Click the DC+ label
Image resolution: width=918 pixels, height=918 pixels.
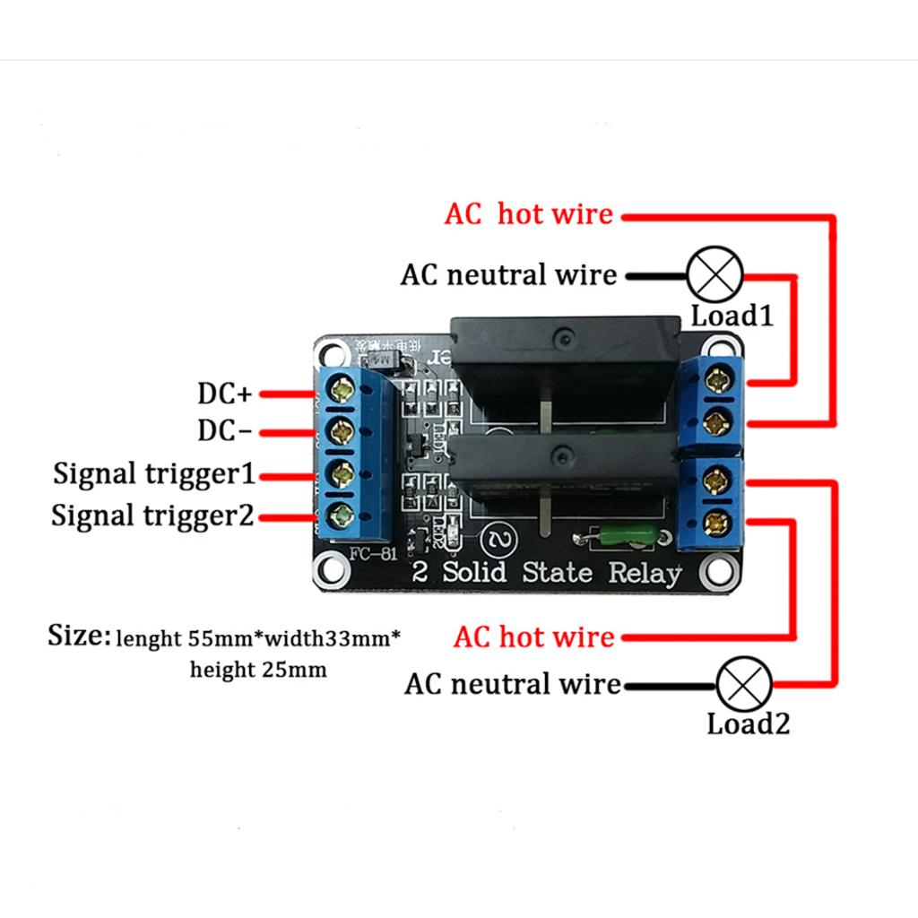[x=226, y=394]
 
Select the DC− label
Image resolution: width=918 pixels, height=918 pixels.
[x=225, y=431]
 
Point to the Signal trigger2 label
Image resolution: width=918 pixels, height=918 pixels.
[x=153, y=515]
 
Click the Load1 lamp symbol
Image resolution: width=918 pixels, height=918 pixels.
[x=715, y=275]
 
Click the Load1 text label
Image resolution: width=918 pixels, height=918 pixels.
[x=732, y=316]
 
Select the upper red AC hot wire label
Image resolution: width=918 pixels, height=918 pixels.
[x=529, y=214]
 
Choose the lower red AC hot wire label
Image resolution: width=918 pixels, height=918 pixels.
[x=534, y=637]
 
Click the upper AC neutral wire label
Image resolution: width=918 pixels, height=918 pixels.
[x=508, y=274]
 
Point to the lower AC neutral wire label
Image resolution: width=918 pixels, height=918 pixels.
[x=513, y=684]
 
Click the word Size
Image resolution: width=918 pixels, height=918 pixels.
[x=79, y=637]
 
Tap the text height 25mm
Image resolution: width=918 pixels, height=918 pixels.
[x=258, y=669]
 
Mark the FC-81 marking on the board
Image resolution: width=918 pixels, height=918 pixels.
[x=373, y=552]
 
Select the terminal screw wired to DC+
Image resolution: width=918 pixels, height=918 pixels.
[x=342, y=390]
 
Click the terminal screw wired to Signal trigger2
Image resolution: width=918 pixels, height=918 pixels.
[x=342, y=514]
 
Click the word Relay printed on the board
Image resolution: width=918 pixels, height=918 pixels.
[x=645, y=573]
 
